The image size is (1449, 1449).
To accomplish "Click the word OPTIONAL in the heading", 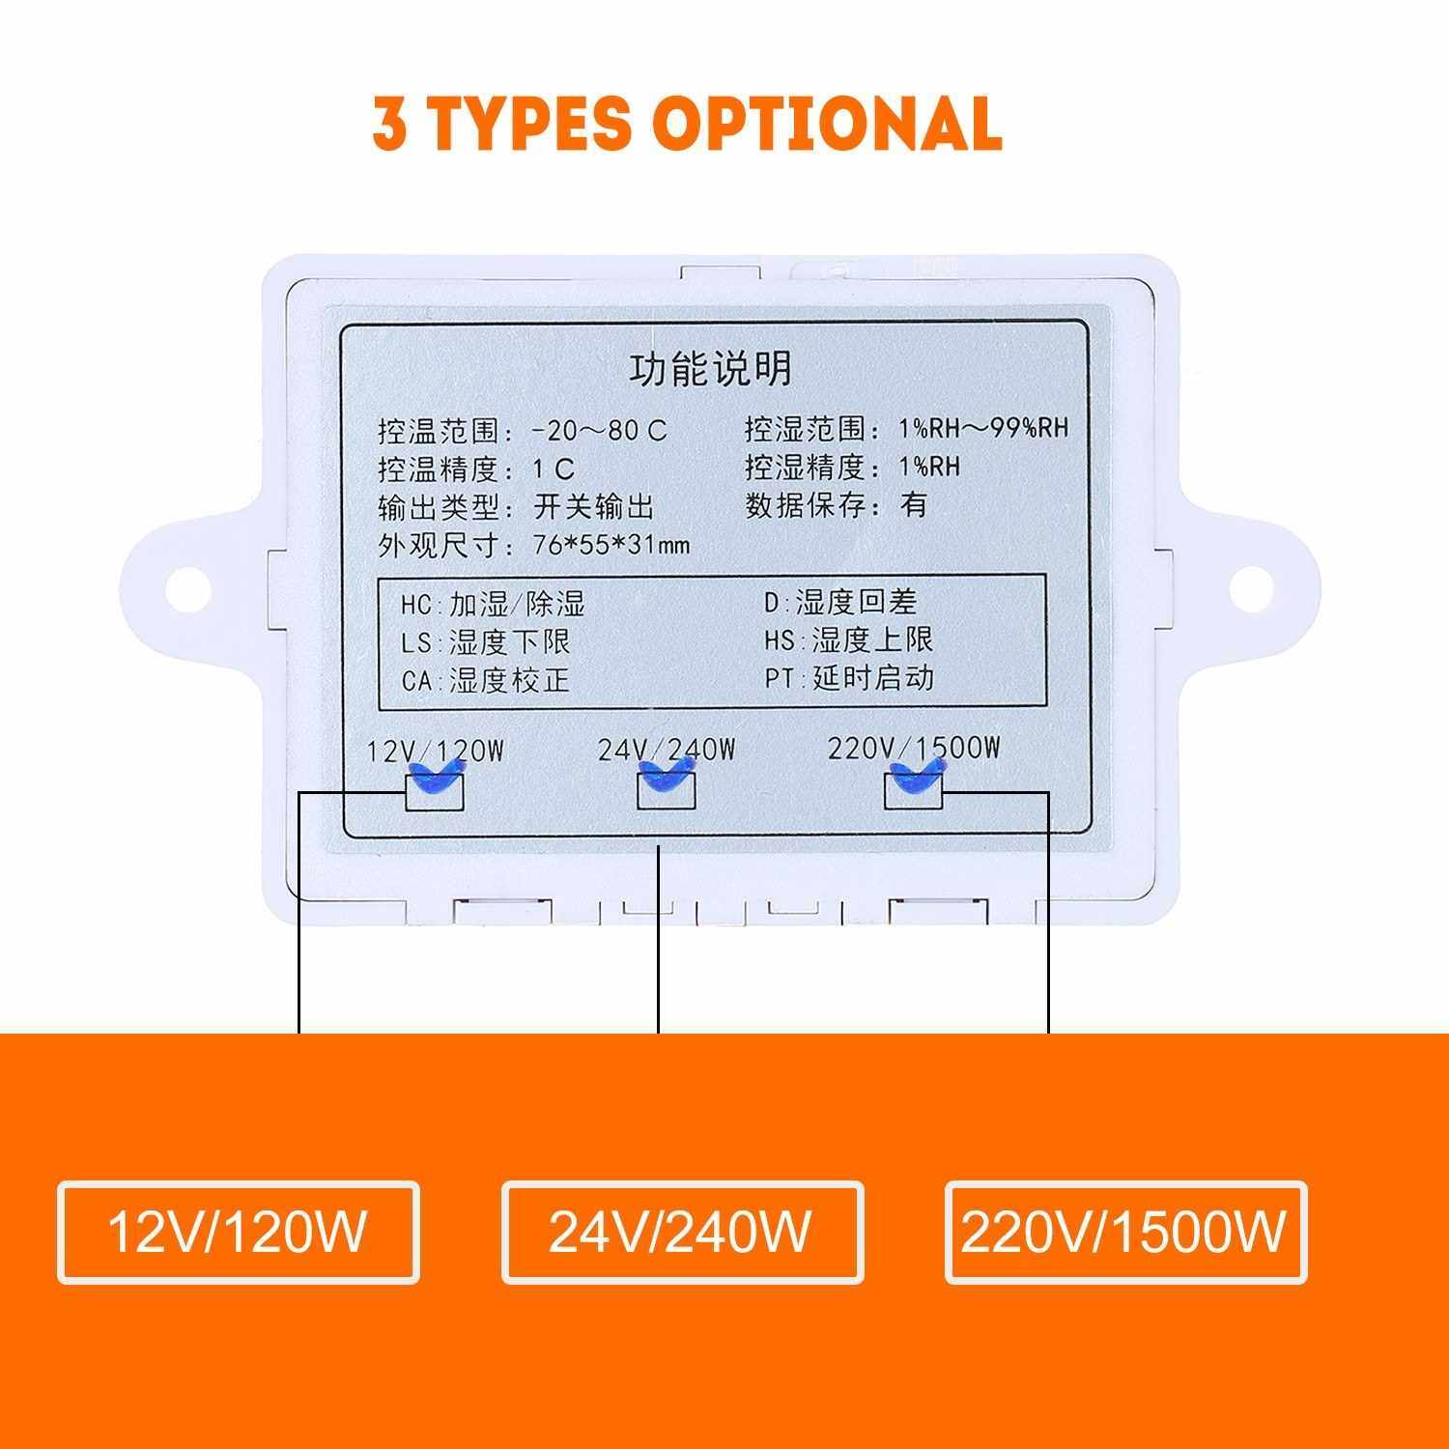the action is coord(827,123).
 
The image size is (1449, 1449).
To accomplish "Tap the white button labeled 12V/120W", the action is coord(239,1232).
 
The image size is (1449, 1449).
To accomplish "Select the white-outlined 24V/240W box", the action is coord(682,1232).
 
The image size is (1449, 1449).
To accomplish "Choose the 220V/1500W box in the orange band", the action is coord(1125,1232).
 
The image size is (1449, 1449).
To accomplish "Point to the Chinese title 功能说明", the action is coord(711,368).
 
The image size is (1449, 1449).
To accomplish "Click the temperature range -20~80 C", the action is coord(600,430).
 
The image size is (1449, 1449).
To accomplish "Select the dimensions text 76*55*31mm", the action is coord(611,546).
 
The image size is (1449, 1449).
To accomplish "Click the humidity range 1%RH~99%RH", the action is coord(983,428).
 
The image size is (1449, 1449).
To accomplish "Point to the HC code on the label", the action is coord(416,606).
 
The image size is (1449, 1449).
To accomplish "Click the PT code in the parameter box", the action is coord(780,679).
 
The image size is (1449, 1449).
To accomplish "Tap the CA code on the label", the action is coord(416,681).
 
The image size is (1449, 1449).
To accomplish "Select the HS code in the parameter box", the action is coord(780,640).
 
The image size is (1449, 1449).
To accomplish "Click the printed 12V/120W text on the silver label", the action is coord(436,751).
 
